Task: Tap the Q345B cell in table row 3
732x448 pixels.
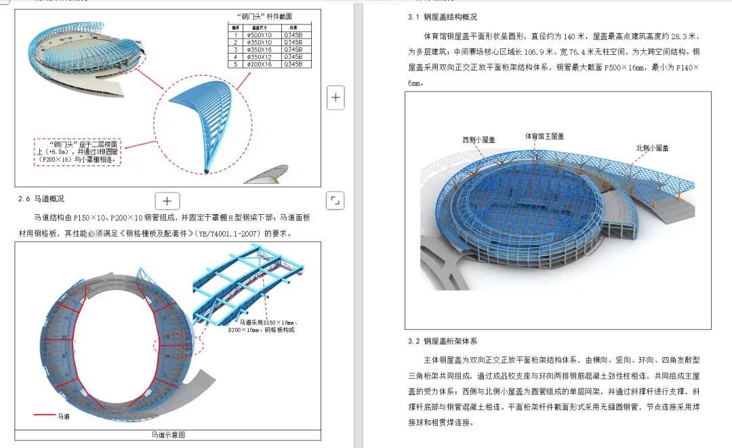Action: click(293, 49)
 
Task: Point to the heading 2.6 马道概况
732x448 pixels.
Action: click(41, 199)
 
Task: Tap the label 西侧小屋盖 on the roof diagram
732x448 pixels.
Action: click(479, 140)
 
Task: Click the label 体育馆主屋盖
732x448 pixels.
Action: click(544, 136)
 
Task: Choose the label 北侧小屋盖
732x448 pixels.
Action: click(652, 148)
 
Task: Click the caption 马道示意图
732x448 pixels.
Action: click(167, 434)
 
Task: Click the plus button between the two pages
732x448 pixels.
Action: click(335, 98)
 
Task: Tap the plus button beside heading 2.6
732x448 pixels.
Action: click(167, 201)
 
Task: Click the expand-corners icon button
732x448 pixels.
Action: click(335, 200)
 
